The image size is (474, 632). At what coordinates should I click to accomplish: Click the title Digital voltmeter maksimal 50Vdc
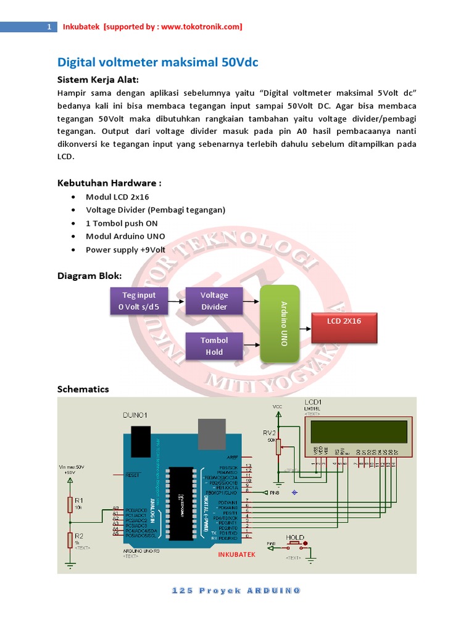(157, 62)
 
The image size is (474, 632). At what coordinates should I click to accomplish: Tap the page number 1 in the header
(48, 27)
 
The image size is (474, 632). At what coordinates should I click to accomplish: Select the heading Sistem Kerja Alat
(98, 80)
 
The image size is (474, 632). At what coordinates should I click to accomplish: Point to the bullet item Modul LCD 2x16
(118, 196)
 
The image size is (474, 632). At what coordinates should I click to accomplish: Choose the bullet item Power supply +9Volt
(125, 250)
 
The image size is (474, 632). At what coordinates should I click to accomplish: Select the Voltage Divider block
(214, 301)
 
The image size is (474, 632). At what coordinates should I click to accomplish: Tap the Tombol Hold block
(214, 346)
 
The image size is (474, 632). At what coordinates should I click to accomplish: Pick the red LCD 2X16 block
(344, 327)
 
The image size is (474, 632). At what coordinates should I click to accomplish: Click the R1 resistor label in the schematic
(78, 500)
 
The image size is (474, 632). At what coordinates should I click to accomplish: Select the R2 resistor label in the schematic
(78, 536)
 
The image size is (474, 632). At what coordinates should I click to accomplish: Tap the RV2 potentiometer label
(269, 432)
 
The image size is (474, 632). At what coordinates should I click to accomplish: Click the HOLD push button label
(295, 538)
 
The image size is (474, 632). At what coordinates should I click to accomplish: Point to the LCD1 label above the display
(322, 402)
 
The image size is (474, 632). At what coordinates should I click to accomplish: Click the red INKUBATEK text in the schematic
(236, 554)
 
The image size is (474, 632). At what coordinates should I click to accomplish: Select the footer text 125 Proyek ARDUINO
(236, 591)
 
